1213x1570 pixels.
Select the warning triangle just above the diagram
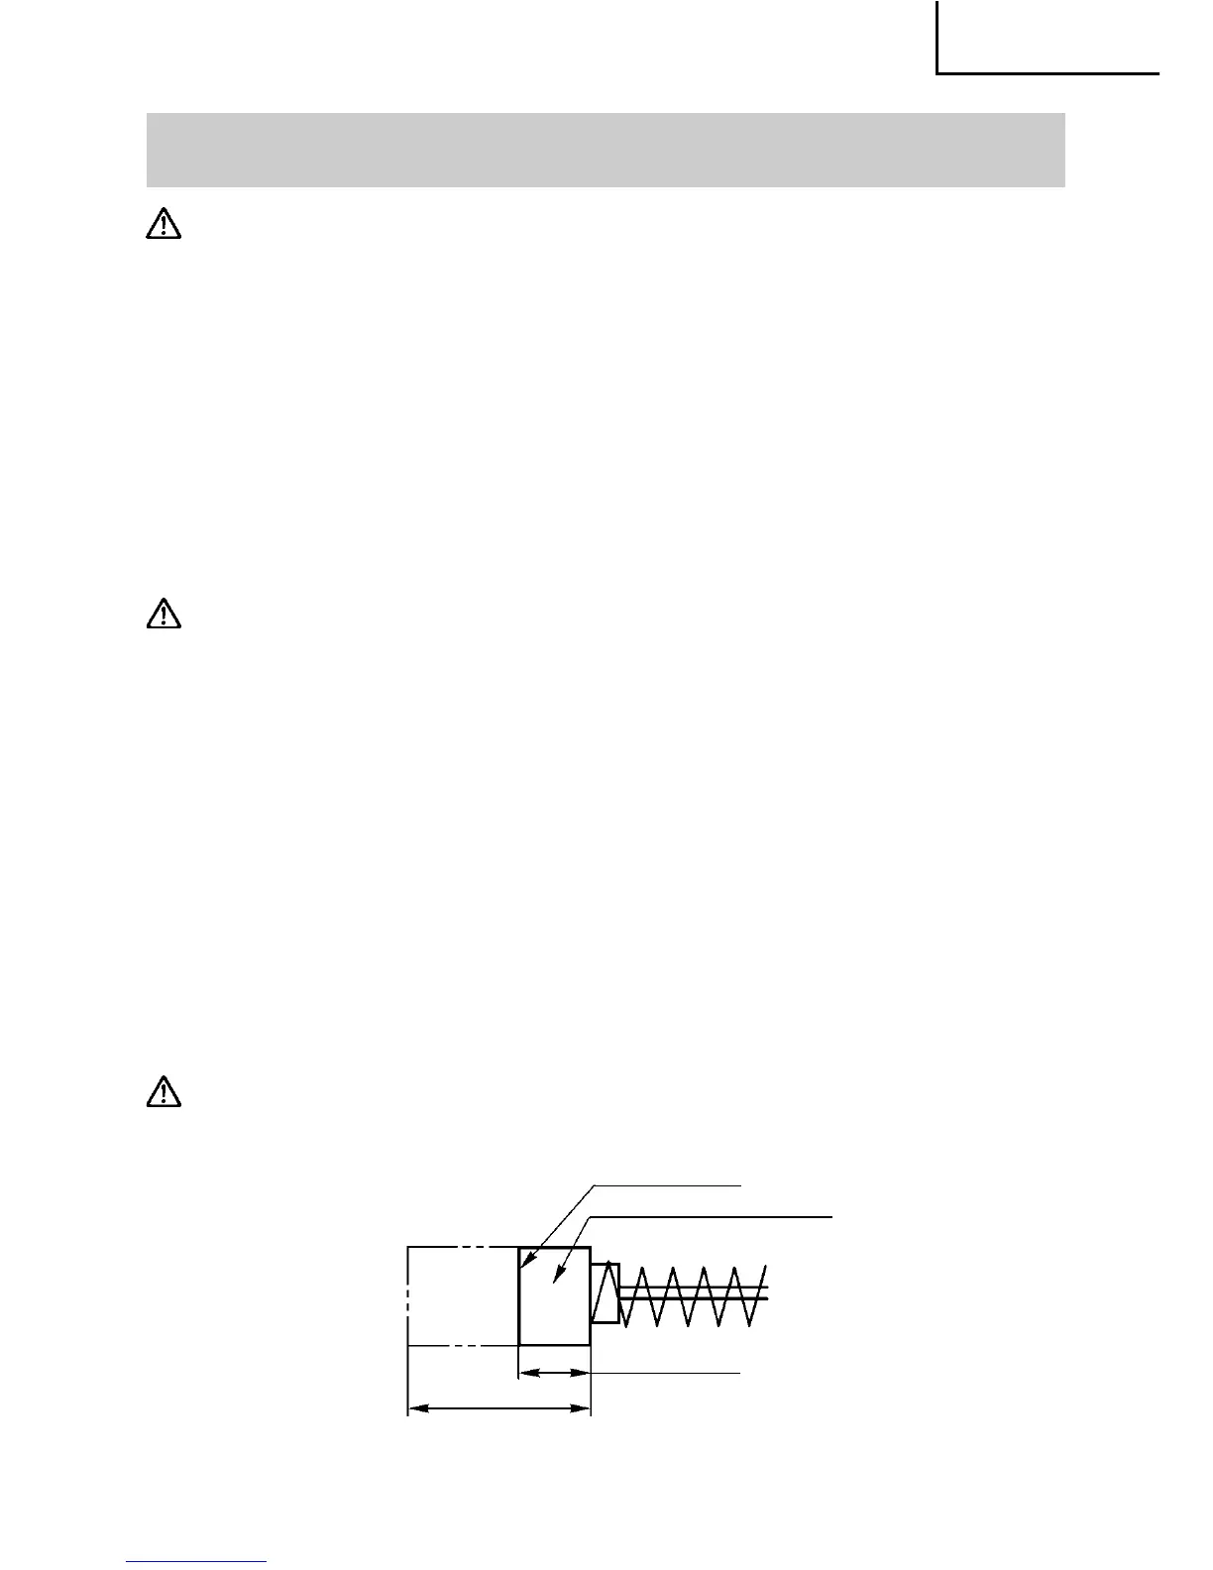pyautogui.click(x=164, y=1091)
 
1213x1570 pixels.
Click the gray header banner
pyautogui.click(x=606, y=150)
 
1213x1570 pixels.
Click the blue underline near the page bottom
pyautogui.click(x=197, y=1562)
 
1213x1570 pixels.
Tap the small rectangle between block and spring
pyautogui.click(x=605, y=1293)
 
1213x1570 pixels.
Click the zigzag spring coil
pyautogui.click(x=690, y=1294)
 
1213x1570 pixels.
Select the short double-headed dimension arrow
pyautogui.click(x=555, y=1373)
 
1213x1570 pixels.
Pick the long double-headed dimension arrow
pyautogui.click(x=499, y=1406)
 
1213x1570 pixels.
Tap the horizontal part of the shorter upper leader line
pyautogui.click(x=669, y=1183)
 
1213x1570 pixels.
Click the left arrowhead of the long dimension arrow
pyautogui.click(x=415, y=1406)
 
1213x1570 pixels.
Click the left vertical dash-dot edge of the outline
pyautogui.click(x=408, y=1295)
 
